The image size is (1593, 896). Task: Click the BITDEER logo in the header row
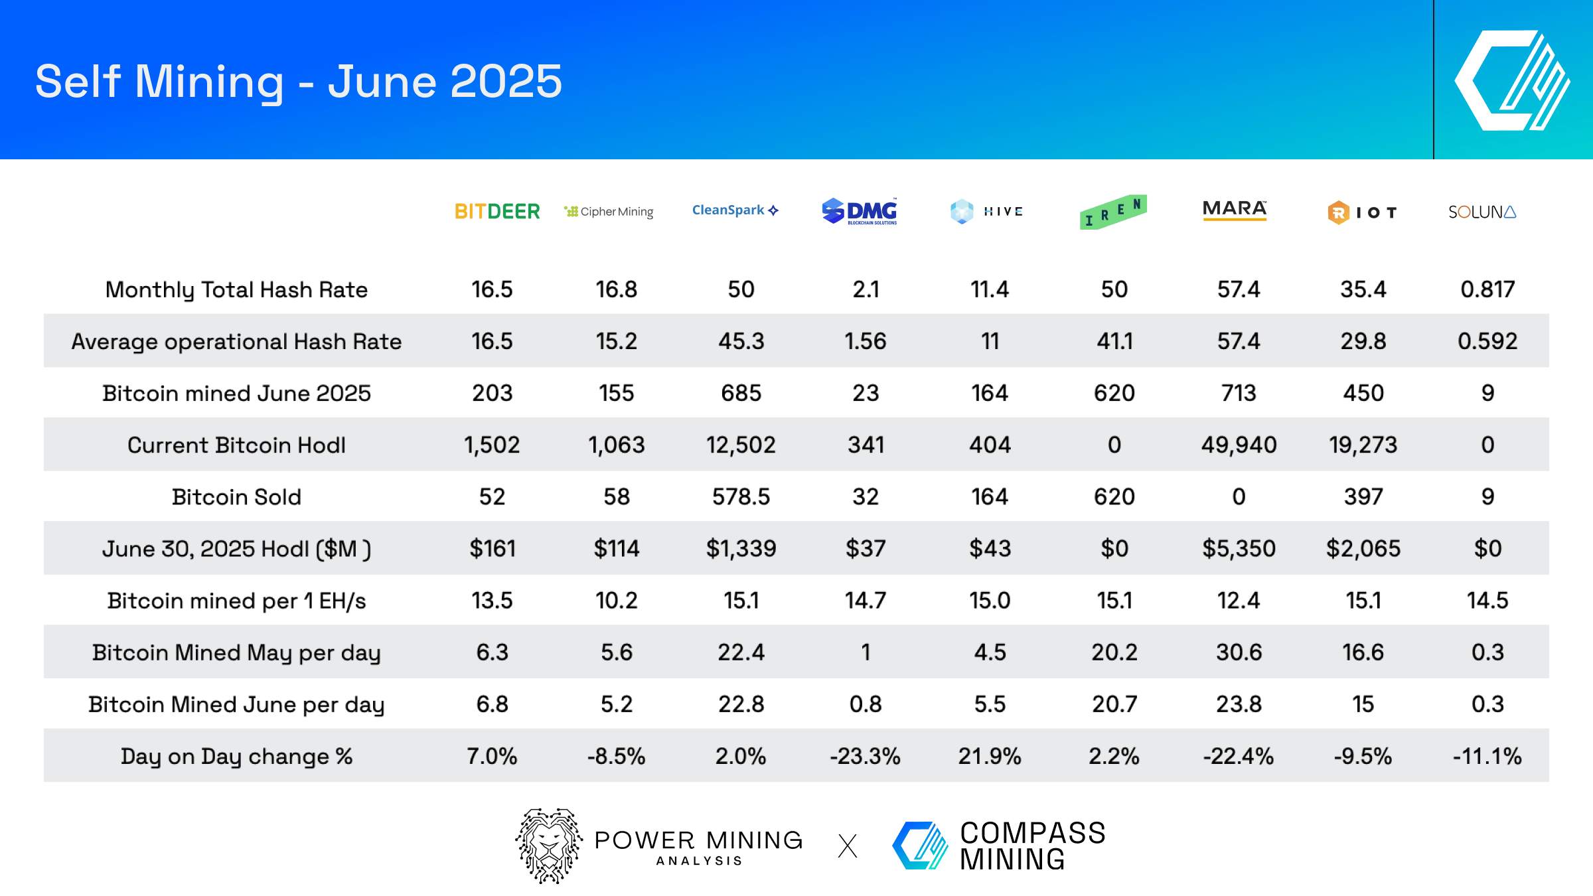[497, 212]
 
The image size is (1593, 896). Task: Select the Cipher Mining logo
[609, 212]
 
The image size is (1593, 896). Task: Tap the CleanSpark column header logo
[735, 210]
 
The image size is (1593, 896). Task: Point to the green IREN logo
[1113, 212]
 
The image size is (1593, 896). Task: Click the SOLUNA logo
[1481, 212]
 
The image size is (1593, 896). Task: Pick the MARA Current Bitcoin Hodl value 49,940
[1239, 445]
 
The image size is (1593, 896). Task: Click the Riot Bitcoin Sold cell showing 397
[1363, 496]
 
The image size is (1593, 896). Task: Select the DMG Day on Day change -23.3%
[865, 756]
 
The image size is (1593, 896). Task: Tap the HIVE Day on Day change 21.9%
[989, 756]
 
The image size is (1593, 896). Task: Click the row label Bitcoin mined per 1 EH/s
[236, 601]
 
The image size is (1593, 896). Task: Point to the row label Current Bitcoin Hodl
[236, 445]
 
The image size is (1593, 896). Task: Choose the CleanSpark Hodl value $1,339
[741, 548]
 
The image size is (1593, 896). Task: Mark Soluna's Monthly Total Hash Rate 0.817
[1487, 289]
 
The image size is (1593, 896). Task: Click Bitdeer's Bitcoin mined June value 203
[492, 393]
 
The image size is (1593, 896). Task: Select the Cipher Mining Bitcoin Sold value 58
[616, 496]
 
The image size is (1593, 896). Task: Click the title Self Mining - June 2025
[299, 82]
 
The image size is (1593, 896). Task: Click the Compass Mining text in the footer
[1032, 846]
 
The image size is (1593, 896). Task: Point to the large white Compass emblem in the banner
[1512, 81]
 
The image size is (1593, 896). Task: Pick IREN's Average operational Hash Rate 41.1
[1114, 341]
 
